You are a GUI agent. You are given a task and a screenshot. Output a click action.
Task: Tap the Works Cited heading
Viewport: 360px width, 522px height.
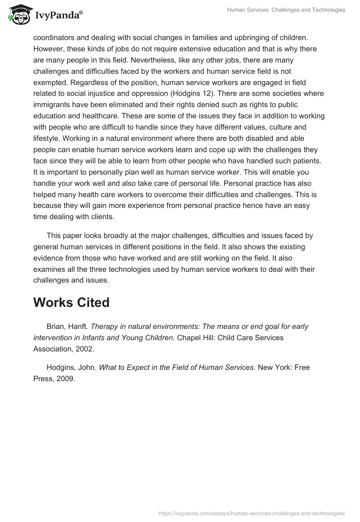[x=71, y=302]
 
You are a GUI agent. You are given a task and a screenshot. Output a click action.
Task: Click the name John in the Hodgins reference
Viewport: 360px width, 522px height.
[x=85, y=368]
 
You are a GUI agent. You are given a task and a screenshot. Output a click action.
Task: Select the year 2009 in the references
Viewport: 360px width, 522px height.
[x=64, y=378]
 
